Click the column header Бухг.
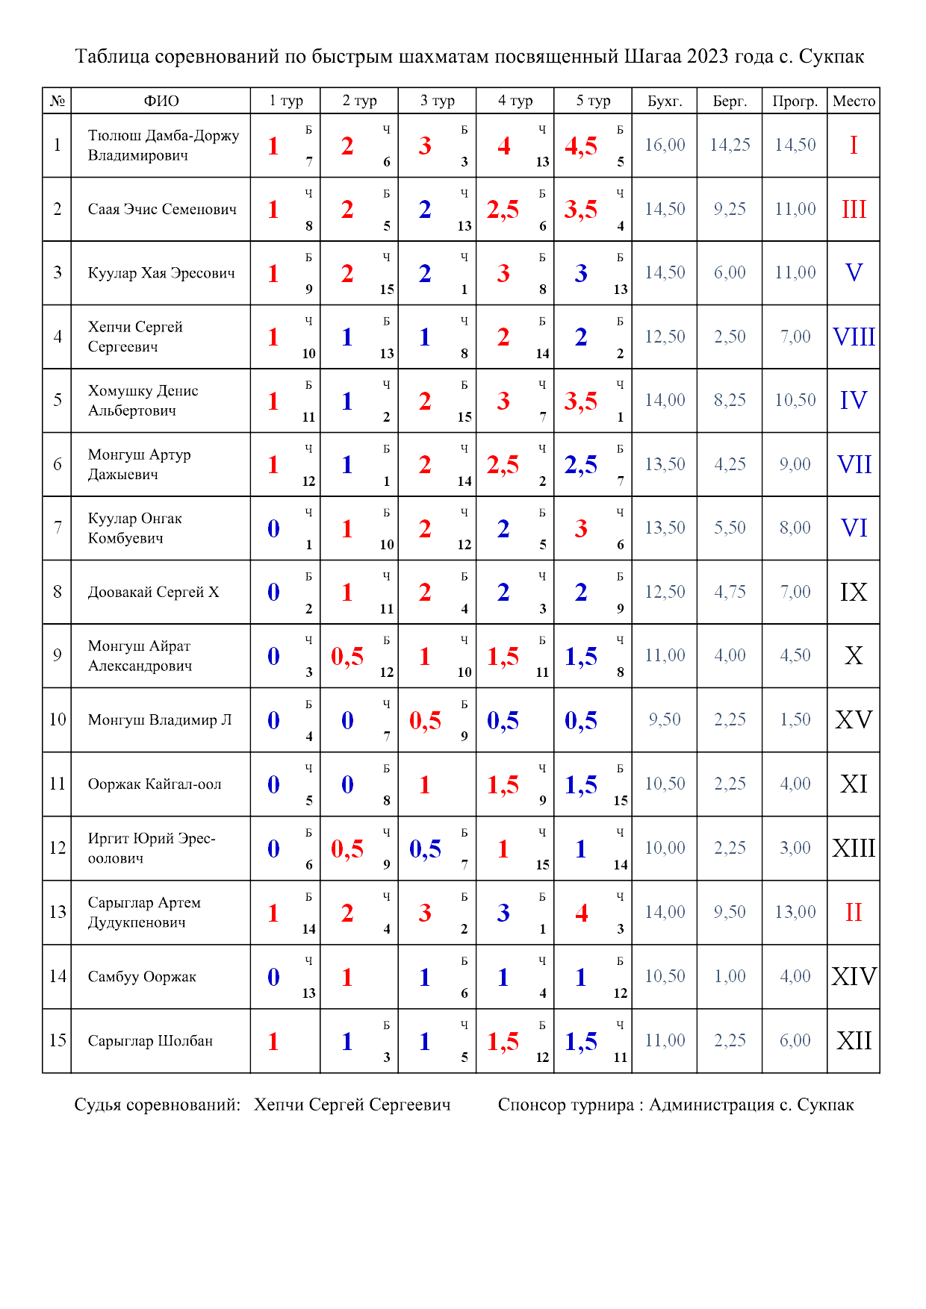click(664, 101)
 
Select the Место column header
click(854, 101)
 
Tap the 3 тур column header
click(437, 101)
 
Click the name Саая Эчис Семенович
click(162, 209)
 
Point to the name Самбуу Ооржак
click(142, 977)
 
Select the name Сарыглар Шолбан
click(150, 1041)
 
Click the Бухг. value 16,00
click(665, 145)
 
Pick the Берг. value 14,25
click(730, 145)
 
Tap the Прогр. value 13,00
click(795, 912)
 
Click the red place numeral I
click(854, 145)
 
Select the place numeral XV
click(854, 720)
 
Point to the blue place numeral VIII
click(854, 337)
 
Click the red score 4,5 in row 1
click(581, 146)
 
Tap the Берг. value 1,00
click(730, 976)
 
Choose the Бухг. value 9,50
click(665, 719)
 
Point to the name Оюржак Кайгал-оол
click(155, 784)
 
